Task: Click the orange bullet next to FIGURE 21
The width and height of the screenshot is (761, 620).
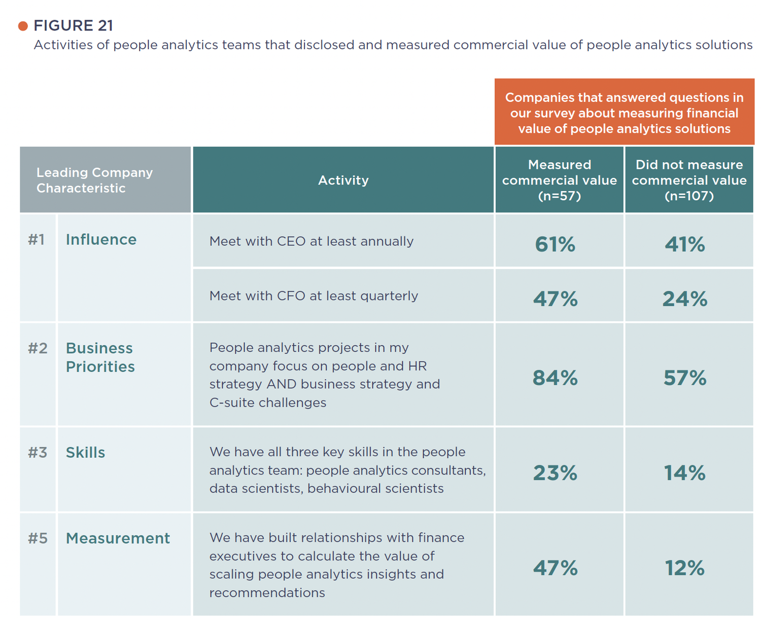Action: pos(23,26)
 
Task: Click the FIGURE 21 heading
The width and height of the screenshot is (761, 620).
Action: pos(73,25)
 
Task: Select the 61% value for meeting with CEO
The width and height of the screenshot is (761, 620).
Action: pos(555,244)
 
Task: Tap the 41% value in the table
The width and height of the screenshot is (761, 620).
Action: pos(685,244)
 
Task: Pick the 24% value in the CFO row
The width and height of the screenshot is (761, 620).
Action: pos(685,299)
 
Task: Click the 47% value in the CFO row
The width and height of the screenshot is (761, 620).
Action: pos(555,299)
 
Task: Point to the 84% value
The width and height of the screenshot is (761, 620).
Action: pos(555,378)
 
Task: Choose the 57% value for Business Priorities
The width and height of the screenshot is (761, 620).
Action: pos(685,378)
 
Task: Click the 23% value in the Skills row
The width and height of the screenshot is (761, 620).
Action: pos(555,473)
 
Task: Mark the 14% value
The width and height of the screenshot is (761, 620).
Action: pos(685,473)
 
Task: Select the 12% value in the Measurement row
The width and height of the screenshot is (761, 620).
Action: pos(685,568)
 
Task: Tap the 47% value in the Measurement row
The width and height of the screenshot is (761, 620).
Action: pos(555,568)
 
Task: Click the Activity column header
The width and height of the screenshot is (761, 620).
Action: pos(343,180)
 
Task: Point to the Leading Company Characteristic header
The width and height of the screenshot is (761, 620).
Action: pos(94,180)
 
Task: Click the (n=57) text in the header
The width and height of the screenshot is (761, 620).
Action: pos(559,196)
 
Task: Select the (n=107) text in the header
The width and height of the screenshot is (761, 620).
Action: pos(689,196)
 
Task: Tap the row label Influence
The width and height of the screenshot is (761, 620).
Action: pos(101,239)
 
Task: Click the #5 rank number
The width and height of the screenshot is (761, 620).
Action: pos(38,538)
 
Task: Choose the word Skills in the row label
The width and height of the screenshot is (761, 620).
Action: pos(85,452)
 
